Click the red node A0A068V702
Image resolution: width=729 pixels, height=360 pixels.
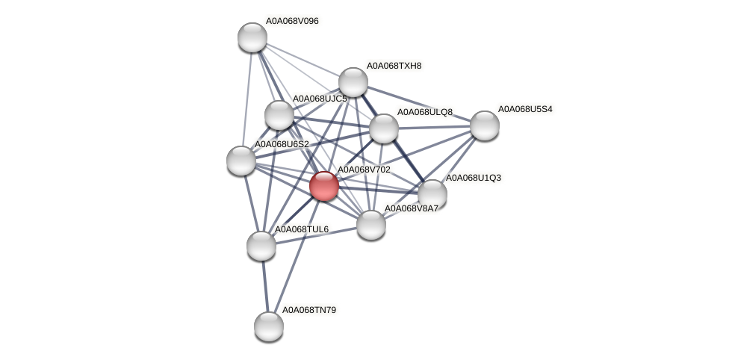(323, 185)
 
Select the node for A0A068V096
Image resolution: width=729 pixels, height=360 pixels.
(252, 37)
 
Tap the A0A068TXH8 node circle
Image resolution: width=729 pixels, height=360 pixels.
(353, 82)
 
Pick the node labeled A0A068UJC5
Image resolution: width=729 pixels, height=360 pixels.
(279, 115)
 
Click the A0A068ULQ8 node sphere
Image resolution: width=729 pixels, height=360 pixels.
(384, 128)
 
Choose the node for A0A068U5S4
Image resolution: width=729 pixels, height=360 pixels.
(484, 125)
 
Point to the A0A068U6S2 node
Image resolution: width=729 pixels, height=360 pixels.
(241, 160)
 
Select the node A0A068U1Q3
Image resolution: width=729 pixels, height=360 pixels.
(432, 194)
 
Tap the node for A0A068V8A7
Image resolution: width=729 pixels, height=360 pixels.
(370, 224)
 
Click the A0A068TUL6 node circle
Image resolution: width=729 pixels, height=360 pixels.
(261, 245)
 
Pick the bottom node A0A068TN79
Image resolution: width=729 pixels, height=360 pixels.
(268, 326)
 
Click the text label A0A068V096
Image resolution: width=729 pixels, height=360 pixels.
(292, 21)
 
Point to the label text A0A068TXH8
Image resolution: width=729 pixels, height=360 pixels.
(394, 66)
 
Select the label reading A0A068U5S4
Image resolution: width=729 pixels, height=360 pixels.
(525, 109)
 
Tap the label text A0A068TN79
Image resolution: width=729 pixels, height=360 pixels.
(308, 309)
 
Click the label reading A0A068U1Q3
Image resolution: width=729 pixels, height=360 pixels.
(473, 178)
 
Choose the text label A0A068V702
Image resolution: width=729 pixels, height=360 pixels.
(364, 170)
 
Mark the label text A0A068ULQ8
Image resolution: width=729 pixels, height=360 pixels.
(424, 112)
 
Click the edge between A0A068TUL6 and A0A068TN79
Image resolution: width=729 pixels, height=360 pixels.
(264, 285)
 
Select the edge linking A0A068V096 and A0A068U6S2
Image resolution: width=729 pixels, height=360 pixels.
(246, 99)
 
